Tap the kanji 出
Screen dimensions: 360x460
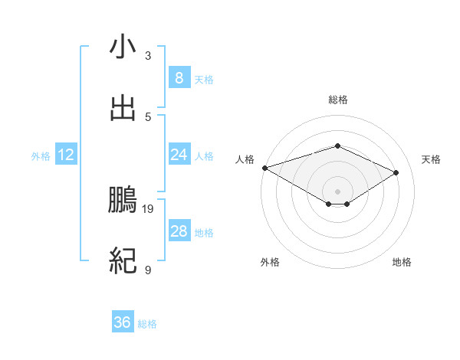coord(123,108)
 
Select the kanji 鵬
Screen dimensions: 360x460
coord(123,201)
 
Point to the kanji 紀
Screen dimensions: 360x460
coord(123,261)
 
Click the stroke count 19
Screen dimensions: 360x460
coord(148,208)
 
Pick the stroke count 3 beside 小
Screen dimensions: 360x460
coord(148,56)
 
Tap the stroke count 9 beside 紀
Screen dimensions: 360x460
coord(148,270)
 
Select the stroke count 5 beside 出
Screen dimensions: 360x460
coord(148,116)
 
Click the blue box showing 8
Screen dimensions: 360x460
coord(179,77)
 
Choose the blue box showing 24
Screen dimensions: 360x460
coord(179,155)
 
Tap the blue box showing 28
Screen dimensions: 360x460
coord(179,231)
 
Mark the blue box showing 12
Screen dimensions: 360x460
coord(65,155)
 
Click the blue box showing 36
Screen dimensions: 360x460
coord(122,322)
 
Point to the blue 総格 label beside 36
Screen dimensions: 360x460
coord(147,324)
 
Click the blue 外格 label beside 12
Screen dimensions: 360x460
coord(41,156)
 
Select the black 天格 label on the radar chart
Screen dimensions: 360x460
coord(432,159)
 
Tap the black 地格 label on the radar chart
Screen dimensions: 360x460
coord(402,262)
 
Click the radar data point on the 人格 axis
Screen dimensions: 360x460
coord(264,167)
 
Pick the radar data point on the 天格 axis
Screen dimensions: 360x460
coord(396,172)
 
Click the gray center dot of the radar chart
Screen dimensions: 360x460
coord(337,191)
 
